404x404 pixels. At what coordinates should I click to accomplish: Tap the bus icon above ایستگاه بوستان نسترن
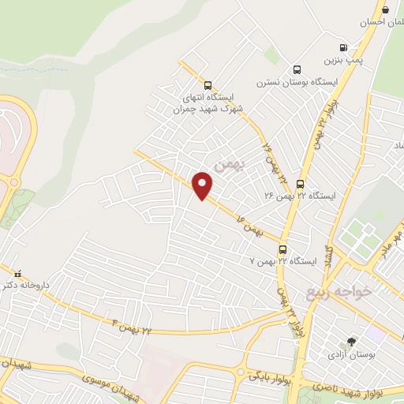pyautogui.click(x=297, y=69)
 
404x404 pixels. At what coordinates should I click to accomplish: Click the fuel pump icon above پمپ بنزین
pyautogui.click(x=343, y=47)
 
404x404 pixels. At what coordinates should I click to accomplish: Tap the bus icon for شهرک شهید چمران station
pyautogui.click(x=208, y=86)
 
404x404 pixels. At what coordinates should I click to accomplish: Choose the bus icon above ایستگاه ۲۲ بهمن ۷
pyautogui.click(x=282, y=248)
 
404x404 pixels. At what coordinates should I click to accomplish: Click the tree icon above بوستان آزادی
pyautogui.click(x=351, y=342)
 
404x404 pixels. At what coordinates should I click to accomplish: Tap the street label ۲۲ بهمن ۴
pyautogui.click(x=131, y=327)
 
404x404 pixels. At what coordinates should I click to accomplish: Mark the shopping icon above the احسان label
pyautogui.click(x=385, y=10)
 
